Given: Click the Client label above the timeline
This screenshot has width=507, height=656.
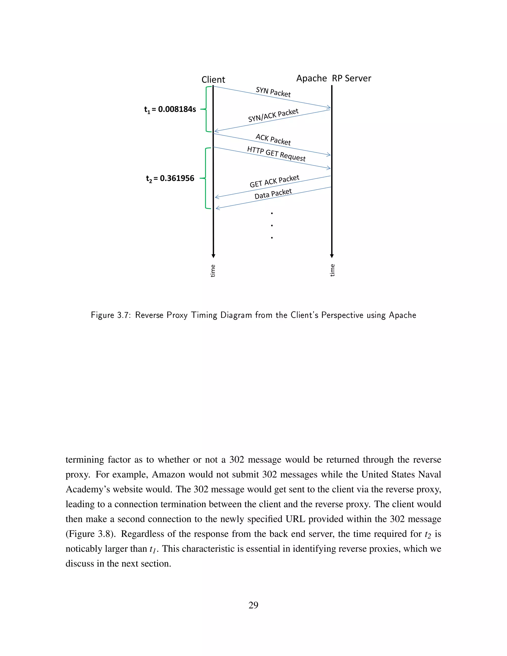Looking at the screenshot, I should coord(213,80).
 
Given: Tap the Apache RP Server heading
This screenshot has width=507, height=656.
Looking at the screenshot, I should coord(333,78).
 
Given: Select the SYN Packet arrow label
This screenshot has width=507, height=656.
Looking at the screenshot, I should coord(273,92).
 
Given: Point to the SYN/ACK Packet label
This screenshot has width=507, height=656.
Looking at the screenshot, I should coord(273,115).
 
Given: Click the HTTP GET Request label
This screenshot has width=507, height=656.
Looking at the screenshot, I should coord(276,153).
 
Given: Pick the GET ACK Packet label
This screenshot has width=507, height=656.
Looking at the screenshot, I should coord(274,181).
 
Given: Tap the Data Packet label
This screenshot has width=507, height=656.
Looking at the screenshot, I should coord(273,194).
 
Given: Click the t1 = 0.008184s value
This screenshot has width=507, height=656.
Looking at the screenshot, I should coord(170,109).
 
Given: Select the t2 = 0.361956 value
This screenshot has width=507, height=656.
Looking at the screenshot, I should coord(170,178).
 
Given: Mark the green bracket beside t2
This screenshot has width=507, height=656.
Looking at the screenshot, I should coord(205,178).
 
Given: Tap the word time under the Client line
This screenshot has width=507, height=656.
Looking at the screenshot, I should coord(213,271).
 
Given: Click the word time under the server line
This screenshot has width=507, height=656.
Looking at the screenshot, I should coord(332,270).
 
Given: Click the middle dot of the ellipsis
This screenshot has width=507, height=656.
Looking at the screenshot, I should coord(272,225).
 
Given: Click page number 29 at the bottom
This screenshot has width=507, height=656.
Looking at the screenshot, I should coord(253,605).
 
